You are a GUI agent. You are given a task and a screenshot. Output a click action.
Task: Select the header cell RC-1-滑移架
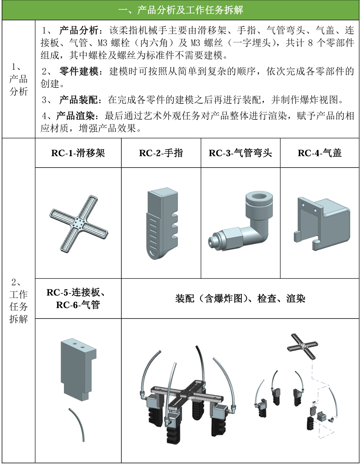tap(78, 153)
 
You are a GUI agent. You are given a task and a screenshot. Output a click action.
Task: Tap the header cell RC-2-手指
tap(161, 153)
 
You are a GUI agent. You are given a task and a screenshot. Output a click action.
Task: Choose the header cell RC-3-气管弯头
tap(240, 153)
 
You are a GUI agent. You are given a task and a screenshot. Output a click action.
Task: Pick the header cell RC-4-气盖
tap(319, 153)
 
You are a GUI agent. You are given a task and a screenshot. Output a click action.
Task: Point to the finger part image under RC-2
tap(160, 224)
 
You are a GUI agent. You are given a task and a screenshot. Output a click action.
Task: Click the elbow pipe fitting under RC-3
tap(240, 223)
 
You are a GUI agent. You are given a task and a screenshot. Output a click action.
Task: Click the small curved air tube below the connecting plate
tap(78, 424)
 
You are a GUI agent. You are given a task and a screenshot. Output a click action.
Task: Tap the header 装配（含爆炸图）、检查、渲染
tap(240, 299)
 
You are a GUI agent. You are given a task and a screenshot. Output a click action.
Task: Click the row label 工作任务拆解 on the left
tap(18, 301)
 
